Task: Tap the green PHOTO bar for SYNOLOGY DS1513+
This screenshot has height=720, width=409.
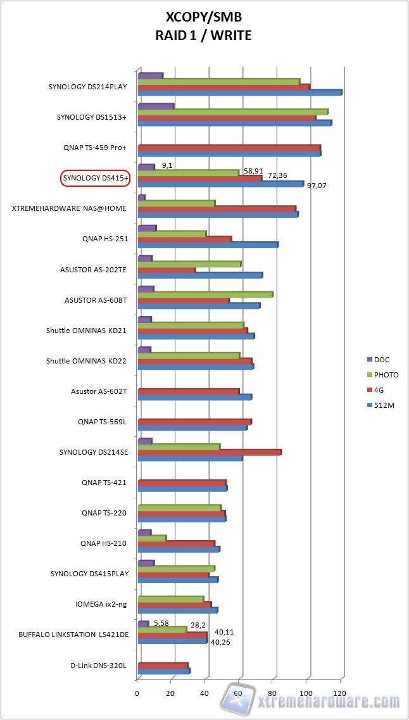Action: point(232,112)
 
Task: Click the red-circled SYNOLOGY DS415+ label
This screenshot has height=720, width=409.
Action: point(95,179)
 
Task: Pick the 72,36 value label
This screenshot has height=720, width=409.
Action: point(277,174)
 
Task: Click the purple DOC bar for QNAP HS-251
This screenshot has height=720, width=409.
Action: point(147,228)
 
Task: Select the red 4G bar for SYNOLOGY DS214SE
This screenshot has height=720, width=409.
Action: point(209,452)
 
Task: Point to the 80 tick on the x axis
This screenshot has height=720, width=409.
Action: point(273,693)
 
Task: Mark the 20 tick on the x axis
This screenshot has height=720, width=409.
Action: point(171,693)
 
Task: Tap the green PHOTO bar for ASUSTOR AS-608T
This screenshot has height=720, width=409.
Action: point(205,294)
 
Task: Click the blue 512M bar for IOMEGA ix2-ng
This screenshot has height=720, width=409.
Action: point(178,610)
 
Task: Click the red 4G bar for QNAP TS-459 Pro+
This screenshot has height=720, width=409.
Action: point(229,148)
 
